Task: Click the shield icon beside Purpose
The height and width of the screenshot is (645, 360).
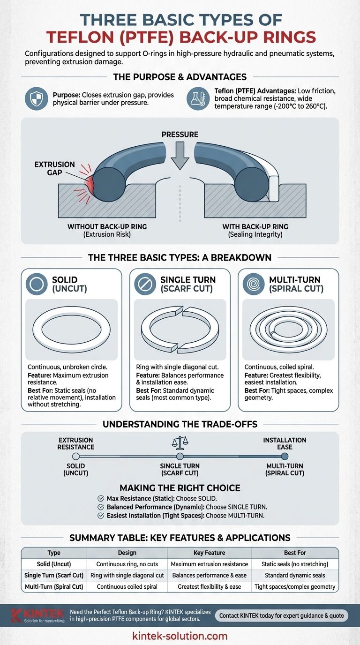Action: [36, 99]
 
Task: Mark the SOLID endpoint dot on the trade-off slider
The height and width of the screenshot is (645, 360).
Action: [76, 456]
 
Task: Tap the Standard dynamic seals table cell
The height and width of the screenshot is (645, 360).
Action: [295, 575]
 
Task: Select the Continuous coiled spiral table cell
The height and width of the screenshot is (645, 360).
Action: [127, 586]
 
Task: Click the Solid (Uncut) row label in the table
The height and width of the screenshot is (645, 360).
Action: [54, 564]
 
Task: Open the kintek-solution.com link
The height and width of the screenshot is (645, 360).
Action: [180, 636]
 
